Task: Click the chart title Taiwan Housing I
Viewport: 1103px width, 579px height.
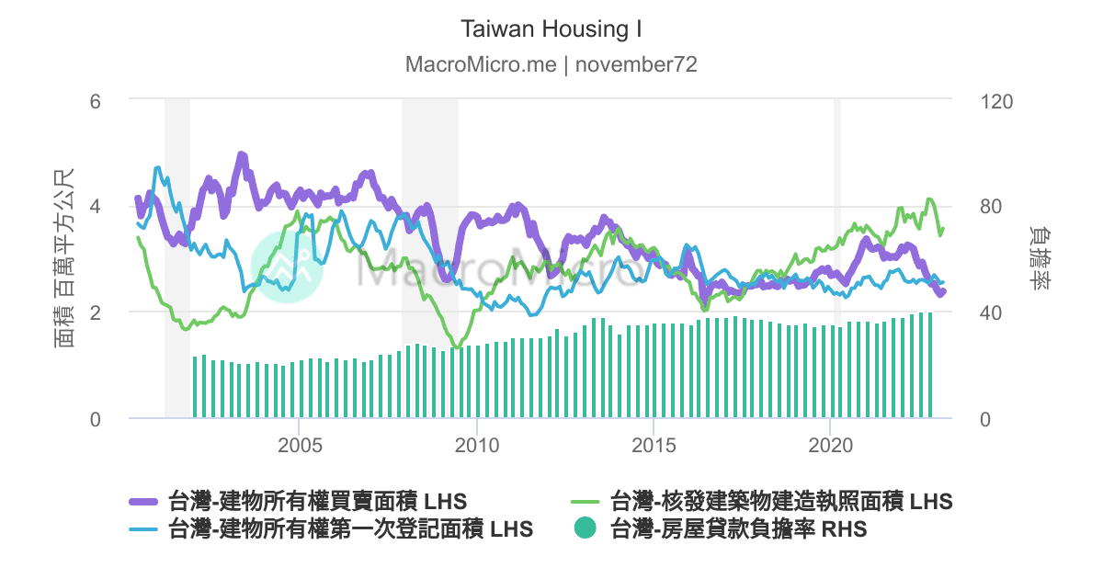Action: tap(551, 29)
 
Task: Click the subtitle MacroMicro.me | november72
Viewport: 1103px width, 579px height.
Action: tap(551, 65)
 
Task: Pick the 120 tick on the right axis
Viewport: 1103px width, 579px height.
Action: tap(996, 99)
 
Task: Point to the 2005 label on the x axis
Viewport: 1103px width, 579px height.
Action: tap(300, 446)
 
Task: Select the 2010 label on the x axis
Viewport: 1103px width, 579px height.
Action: tap(477, 446)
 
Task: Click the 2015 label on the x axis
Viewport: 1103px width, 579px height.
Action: tap(654, 446)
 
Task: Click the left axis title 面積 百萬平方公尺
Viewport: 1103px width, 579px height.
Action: tap(64, 258)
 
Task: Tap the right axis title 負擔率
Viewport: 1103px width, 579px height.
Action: tap(1040, 258)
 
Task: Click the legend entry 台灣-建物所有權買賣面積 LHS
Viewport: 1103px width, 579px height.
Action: tap(317, 502)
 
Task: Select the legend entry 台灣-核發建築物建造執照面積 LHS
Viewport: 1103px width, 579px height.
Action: tap(781, 502)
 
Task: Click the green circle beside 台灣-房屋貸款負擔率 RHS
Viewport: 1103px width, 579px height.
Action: tap(585, 529)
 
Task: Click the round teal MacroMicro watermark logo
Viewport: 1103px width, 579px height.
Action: tap(282, 265)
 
